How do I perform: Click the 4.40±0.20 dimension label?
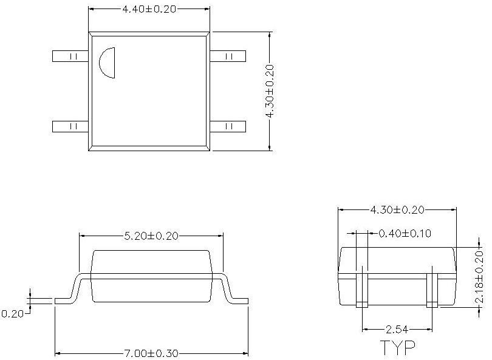[x=149, y=9]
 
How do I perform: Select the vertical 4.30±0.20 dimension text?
[x=270, y=91]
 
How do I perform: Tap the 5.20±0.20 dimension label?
[x=151, y=236]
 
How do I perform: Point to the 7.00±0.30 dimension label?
[x=152, y=353]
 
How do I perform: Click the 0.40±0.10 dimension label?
[x=405, y=233]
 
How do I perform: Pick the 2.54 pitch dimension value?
[x=397, y=329]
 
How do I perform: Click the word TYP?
[x=398, y=347]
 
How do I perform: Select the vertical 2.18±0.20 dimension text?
[x=479, y=277]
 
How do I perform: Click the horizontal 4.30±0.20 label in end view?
[x=397, y=209]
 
